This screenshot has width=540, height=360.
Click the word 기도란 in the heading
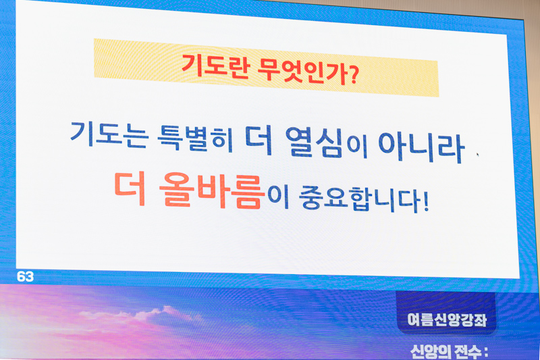click(x=215, y=66)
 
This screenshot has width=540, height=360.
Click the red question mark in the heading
click(x=349, y=75)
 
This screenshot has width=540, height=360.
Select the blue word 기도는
click(x=109, y=134)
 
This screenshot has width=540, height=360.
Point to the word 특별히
click(x=195, y=138)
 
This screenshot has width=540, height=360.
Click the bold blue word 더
click(x=259, y=140)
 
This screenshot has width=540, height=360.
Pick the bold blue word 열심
click(x=314, y=143)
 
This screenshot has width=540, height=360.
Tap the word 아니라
click(x=422, y=147)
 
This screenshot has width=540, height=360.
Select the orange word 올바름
click(x=212, y=190)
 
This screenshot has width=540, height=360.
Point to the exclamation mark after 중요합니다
click(x=426, y=201)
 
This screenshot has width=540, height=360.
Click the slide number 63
click(x=25, y=277)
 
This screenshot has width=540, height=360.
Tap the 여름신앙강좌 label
click(x=447, y=319)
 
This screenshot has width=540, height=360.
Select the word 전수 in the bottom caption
click(x=467, y=352)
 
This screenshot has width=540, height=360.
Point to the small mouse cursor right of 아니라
click(x=478, y=155)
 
